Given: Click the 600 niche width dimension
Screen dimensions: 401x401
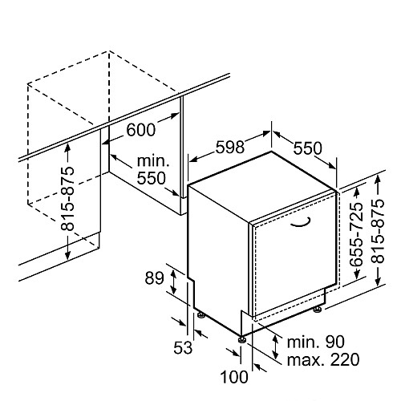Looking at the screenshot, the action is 141,130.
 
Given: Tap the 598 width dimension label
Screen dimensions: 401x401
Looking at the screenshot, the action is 230,147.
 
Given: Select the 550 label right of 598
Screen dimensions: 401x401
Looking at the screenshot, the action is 308,148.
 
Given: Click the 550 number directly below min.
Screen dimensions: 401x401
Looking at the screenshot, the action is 152,178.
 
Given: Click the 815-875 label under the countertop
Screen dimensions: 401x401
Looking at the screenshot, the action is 67,199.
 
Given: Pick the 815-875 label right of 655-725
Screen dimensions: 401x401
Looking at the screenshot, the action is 378,231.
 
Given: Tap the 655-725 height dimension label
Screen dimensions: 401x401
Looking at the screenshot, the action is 356,234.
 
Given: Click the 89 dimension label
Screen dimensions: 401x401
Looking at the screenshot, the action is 154,278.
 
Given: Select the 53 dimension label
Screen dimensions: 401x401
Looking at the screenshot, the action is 183,348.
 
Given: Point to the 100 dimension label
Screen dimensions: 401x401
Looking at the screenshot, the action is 234,377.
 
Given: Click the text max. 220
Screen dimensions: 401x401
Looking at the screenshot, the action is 323,360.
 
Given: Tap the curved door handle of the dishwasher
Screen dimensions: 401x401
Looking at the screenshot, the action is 301,224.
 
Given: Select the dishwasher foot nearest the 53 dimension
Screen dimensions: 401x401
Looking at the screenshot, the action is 201,314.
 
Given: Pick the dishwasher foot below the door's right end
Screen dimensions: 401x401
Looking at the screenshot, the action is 318,310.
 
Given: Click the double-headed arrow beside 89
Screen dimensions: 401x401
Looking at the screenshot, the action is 173,282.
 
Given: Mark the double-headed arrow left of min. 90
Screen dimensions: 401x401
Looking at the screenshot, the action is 275,347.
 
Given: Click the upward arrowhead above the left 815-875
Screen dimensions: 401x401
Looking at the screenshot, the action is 67,148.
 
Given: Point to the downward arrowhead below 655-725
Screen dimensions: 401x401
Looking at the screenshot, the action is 357,274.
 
